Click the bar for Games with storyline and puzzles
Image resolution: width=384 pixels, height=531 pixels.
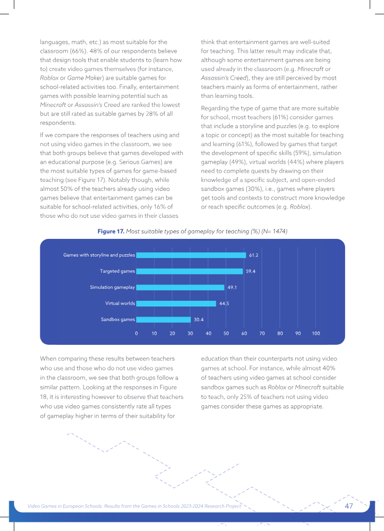coord(191,255)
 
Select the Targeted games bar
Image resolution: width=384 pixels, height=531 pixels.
coord(190,271)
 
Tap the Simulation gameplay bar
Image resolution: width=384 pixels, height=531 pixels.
coord(180,287)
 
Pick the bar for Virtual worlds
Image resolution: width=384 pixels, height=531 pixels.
coord(176,304)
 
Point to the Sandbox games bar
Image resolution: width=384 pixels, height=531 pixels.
coord(164,319)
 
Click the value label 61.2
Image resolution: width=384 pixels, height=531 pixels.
coord(253,255)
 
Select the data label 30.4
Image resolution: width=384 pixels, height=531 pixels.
coord(199,319)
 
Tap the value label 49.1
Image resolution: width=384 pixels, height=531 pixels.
coord(232,287)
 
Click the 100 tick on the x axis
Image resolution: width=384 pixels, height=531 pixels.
coord(316,333)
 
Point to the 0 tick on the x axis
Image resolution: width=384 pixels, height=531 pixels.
coord(137,333)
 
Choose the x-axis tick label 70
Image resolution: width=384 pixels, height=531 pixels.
coord(262,333)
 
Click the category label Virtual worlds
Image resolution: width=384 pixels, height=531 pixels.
coord(120,303)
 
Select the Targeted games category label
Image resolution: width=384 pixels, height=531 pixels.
coord(117,271)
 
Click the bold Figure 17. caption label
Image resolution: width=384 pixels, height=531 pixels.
coord(111,231)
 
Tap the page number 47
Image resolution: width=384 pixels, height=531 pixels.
coord(349,506)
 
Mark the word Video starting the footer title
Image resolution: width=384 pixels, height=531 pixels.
coord(34,506)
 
